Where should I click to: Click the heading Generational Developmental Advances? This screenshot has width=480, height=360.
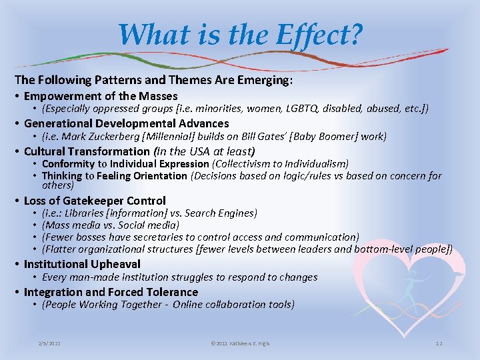126,123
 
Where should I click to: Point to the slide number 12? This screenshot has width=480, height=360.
439,343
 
